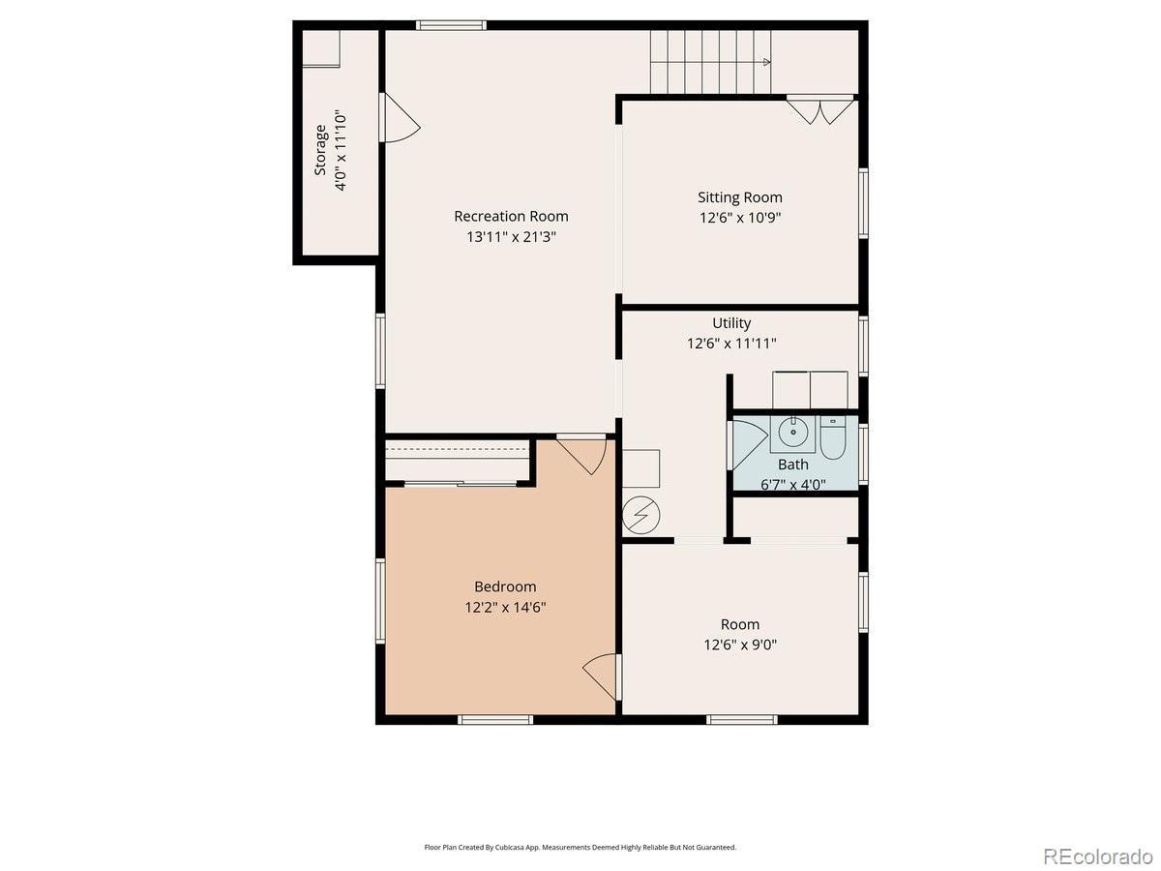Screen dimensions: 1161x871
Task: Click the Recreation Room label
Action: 511,216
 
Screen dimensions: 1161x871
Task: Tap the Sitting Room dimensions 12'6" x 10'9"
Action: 740,218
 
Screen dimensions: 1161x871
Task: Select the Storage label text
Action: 320,150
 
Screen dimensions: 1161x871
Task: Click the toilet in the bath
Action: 833,437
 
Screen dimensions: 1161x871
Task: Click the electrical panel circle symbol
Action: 641,515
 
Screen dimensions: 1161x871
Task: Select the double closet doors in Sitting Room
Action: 820,110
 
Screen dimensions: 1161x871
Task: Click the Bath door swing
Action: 748,443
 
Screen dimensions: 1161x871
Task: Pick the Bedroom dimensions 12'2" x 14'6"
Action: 505,607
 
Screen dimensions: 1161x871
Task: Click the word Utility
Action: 731,322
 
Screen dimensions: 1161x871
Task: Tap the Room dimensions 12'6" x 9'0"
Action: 740,645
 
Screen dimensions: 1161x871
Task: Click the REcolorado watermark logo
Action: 1097,856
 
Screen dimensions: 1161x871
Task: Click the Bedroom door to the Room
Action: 602,676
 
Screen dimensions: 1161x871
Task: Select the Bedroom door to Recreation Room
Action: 581,454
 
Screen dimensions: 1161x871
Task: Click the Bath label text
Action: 792,465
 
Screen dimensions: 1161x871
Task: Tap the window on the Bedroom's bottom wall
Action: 495,719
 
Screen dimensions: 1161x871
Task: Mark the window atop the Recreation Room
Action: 451,25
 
